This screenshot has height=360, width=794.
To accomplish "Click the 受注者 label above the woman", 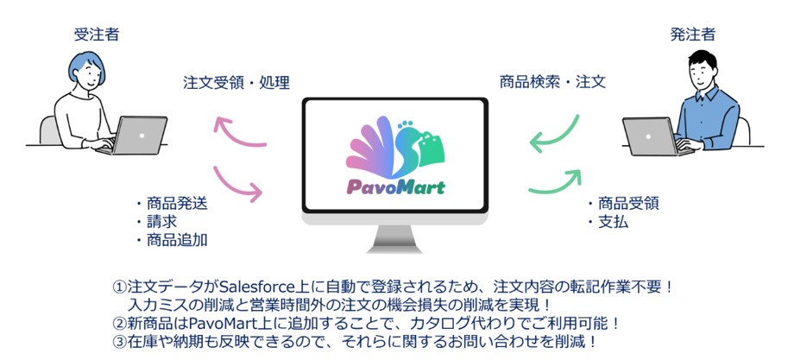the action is [97, 35].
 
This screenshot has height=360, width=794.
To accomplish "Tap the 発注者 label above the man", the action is [693, 35].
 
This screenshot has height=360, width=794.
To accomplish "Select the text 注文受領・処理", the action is [236, 83].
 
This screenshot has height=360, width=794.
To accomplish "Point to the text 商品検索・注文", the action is [552, 82].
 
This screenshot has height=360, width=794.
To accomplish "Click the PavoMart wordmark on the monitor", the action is [395, 186].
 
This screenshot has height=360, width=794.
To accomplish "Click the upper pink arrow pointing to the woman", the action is [238, 133].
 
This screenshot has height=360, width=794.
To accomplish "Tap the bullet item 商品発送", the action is [172, 204].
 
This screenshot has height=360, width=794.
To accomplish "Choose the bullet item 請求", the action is [156, 222].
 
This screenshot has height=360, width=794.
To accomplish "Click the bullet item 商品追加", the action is [172, 240].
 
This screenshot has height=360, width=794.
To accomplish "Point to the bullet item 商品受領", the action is [623, 204].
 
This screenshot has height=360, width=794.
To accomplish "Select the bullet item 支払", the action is [608, 222].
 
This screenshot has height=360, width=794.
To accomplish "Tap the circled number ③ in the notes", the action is [119, 342].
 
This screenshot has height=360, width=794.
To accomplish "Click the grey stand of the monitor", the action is [394, 238].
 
